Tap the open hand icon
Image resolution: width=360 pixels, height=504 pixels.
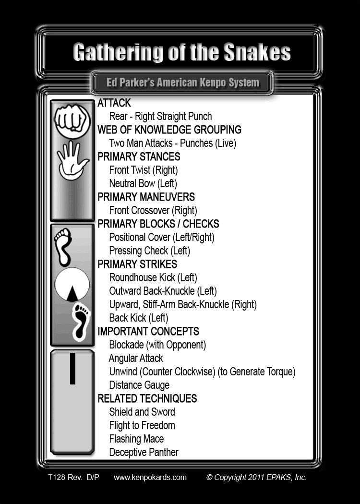click(72, 160)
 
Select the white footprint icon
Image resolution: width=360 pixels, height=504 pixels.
click(63, 247)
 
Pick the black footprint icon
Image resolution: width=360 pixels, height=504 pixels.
click(81, 322)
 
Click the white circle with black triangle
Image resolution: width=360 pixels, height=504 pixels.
click(72, 285)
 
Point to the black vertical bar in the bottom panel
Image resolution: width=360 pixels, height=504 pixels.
click(72, 368)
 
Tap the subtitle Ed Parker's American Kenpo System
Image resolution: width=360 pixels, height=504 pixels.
click(183, 83)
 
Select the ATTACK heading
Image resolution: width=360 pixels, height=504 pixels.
click(114, 103)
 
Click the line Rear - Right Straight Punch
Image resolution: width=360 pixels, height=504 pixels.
click(160, 116)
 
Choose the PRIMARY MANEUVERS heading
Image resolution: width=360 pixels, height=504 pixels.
click(146, 197)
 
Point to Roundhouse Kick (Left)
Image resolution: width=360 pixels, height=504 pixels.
click(153, 277)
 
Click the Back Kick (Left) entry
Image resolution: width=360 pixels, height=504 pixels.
click(139, 318)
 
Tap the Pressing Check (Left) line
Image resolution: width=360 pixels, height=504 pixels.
click(149, 251)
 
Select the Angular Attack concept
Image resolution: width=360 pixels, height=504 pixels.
click(136, 358)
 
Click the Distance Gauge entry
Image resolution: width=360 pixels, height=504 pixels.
click(139, 385)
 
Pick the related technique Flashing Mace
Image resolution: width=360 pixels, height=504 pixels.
click(136, 439)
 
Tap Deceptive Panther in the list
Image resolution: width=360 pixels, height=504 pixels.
click(144, 452)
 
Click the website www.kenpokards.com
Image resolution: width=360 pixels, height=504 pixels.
click(150, 477)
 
